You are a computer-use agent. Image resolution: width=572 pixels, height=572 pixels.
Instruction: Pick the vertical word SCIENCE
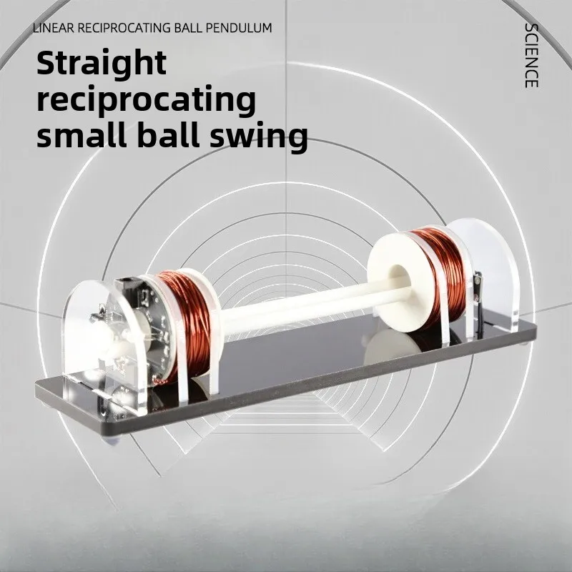(531, 56)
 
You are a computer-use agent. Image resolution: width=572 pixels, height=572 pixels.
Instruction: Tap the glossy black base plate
(300, 379)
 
